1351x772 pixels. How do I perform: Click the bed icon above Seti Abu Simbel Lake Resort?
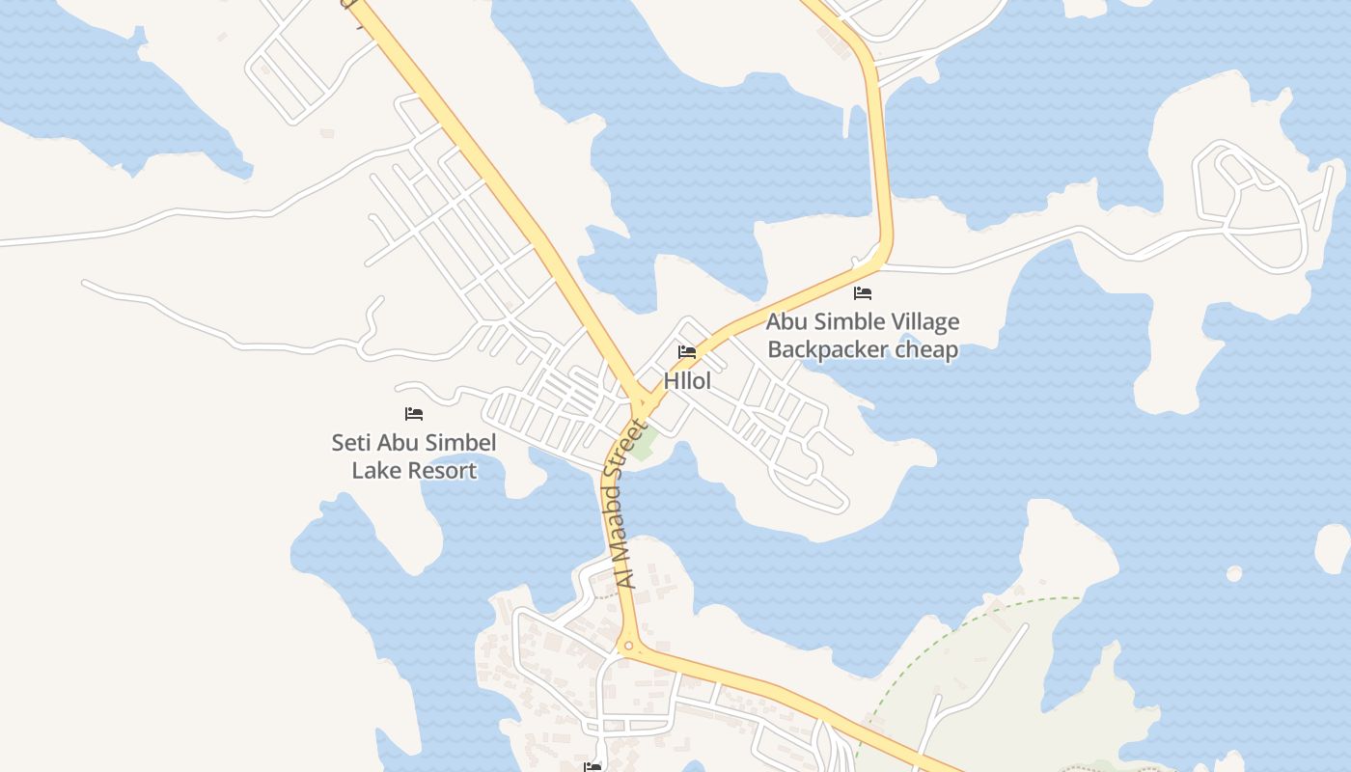(414, 414)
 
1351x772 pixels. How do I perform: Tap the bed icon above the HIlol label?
(687, 352)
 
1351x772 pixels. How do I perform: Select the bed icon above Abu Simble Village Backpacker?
(863, 293)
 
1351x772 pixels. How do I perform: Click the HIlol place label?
(687, 381)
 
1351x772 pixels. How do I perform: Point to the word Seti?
(353, 443)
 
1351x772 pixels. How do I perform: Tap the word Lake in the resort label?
(374, 471)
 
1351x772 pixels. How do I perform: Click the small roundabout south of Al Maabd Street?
(628, 647)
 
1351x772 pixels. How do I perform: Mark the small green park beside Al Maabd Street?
(645, 442)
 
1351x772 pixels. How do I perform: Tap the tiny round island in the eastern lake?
(1234, 574)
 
